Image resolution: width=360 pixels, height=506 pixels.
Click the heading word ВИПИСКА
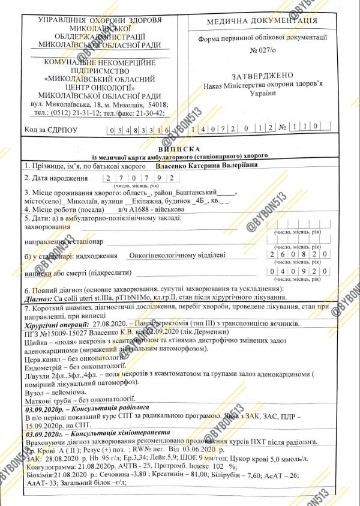click(x=180, y=148)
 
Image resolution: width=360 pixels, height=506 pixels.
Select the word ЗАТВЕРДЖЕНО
click(x=262, y=75)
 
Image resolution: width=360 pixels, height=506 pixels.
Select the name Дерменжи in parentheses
click(x=202, y=331)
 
